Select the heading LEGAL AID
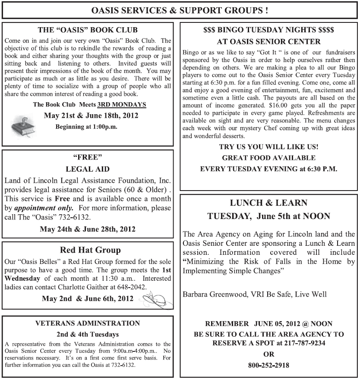88,169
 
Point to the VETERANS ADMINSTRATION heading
88,323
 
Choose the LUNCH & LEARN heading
268,203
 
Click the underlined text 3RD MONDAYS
122,105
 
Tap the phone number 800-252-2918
268,365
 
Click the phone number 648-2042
132,286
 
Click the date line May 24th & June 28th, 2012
88,229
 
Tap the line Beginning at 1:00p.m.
86,127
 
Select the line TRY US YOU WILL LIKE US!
268,147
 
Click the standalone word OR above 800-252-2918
268,354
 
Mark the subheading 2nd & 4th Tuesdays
88,334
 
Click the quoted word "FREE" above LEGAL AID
88,157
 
